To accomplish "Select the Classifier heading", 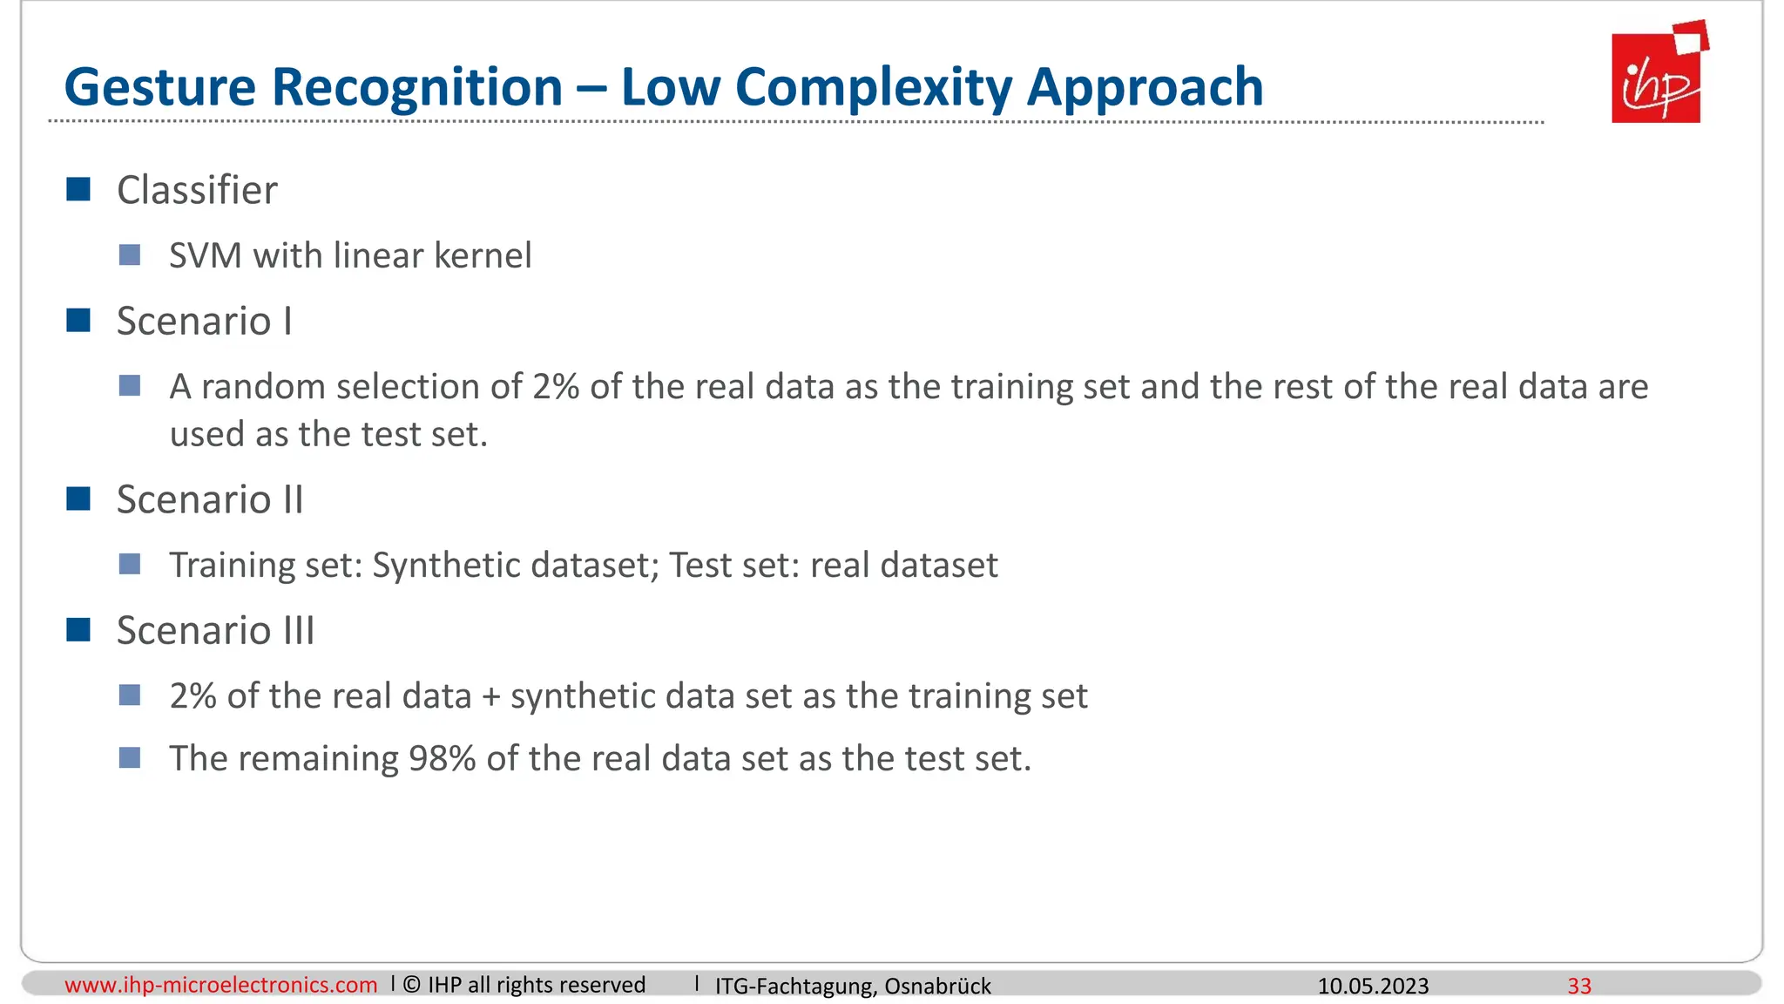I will click(197, 190).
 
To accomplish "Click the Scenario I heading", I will click(204, 322).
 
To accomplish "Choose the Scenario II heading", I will click(210, 500).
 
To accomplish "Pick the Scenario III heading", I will click(215, 631).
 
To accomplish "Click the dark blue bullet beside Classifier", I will click(78, 189).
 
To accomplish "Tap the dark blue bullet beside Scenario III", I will click(78, 629).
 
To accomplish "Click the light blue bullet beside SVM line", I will click(130, 255).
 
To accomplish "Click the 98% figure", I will click(442, 759).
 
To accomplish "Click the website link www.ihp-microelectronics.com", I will click(221, 985).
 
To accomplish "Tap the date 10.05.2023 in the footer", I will click(1373, 986).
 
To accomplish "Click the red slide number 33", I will click(1579, 986).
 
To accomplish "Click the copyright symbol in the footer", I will click(412, 985).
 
